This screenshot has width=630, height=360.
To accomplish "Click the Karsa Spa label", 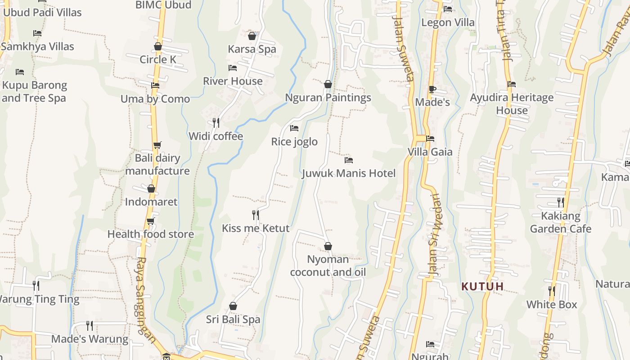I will [252, 49].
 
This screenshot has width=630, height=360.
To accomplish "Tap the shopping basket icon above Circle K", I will [158, 46].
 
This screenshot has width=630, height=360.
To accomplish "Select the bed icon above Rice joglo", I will [294, 128].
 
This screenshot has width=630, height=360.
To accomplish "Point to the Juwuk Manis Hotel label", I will [349, 173].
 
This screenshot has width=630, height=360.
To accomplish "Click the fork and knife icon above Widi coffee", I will [216, 122].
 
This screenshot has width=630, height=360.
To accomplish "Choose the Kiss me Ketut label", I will [256, 228].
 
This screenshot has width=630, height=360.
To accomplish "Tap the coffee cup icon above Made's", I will [432, 89].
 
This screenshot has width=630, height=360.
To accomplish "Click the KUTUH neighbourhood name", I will [482, 286].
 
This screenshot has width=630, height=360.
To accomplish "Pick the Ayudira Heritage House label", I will [512, 104].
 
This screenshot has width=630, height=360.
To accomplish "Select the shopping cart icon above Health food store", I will [151, 221].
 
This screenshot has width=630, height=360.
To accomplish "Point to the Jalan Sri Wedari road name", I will [435, 234].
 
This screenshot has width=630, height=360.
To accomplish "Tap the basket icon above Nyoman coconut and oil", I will [328, 246].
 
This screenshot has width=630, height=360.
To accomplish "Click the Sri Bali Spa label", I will [233, 319].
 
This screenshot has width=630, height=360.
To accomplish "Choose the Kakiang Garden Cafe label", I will [560, 222].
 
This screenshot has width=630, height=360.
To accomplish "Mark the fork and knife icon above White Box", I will [552, 291].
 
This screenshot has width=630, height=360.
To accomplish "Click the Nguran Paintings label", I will [328, 98].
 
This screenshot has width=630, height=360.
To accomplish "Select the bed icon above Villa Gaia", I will [430, 139].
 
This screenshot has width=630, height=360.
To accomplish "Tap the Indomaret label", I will [151, 202].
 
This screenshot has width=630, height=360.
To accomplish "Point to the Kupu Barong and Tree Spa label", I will [34, 91].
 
